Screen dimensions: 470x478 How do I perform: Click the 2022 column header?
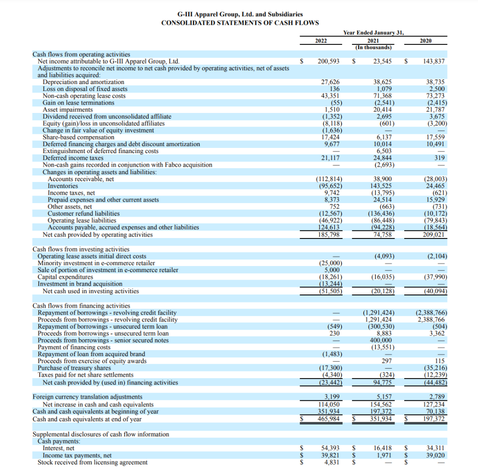point(321,41)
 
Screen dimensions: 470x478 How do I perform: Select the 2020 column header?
point(425,41)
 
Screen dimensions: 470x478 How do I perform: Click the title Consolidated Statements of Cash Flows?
point(240,23)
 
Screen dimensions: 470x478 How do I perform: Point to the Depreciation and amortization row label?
point(83,82)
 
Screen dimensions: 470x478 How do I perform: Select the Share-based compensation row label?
point(78,137)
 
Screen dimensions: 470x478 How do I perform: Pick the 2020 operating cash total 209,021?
point(435,234)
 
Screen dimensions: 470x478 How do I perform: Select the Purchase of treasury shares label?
point(74,368)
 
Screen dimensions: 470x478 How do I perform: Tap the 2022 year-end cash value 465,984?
point(328,419)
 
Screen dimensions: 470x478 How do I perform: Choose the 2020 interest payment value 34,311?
point(436,448)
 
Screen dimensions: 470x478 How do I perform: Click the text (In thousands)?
point(373,47)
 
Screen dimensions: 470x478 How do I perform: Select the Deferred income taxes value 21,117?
point(330,158)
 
